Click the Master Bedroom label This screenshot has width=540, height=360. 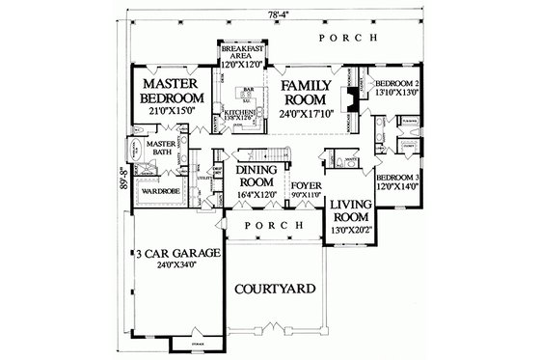coord(171,91)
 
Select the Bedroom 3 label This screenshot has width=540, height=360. coord(395,180)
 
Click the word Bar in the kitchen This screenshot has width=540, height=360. coord(247,90)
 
